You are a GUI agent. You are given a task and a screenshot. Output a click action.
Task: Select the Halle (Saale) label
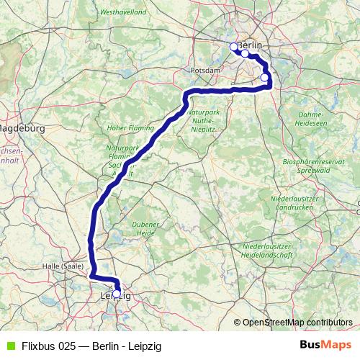tap(62, 266)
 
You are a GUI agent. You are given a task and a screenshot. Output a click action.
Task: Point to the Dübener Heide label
tap(145, 228)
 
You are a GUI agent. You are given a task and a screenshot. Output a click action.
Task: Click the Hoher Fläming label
tap(126, 128)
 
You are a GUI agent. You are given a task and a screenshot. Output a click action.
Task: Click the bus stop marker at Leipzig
tap(117, 294)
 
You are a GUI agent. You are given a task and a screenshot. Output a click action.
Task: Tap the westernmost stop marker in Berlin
tap(233, 47)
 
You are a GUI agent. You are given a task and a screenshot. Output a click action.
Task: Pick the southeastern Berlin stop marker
tap(264, 78)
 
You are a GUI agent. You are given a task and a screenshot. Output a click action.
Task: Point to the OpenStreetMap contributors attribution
tap(292, 322)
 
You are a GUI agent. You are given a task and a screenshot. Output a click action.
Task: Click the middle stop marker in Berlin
tap(245, 53)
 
